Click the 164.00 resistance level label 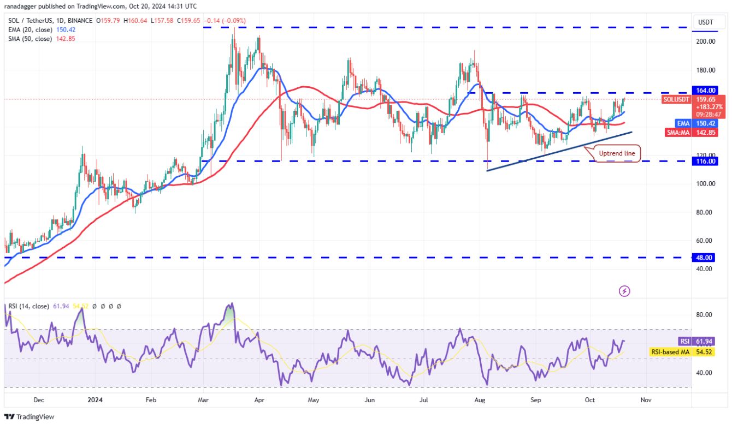[706, 90]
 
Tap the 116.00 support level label [706, 162]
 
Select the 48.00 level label [705, 258]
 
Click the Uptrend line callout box [618, 154]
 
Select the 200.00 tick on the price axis [705, 41]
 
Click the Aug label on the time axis [481, 400]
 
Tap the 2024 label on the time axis [95, 400]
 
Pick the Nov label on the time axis [646, 400]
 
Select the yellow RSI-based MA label [670, 353]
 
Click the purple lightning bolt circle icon [624, 291]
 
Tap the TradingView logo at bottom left [30, 416]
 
